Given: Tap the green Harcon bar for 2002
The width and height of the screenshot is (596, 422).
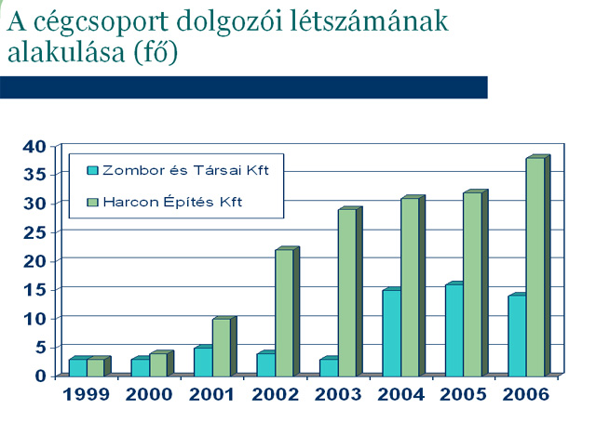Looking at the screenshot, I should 284,312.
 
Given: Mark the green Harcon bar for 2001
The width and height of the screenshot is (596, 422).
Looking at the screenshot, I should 221,346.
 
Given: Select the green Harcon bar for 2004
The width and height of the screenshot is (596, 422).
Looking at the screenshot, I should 410,286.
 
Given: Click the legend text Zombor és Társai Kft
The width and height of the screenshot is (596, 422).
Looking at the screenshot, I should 192,170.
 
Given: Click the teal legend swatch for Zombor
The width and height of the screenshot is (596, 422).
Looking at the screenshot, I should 92,170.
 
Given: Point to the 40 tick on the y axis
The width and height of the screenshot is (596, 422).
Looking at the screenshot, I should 34,146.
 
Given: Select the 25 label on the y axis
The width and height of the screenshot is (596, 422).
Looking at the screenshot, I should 34,231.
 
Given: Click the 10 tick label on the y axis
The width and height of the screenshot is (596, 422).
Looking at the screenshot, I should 34,318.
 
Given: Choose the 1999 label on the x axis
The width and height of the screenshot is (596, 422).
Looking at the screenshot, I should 87,395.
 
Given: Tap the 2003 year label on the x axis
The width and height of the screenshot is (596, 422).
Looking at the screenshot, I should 337,395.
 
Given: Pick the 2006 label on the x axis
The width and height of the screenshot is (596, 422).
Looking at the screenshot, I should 525,395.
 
